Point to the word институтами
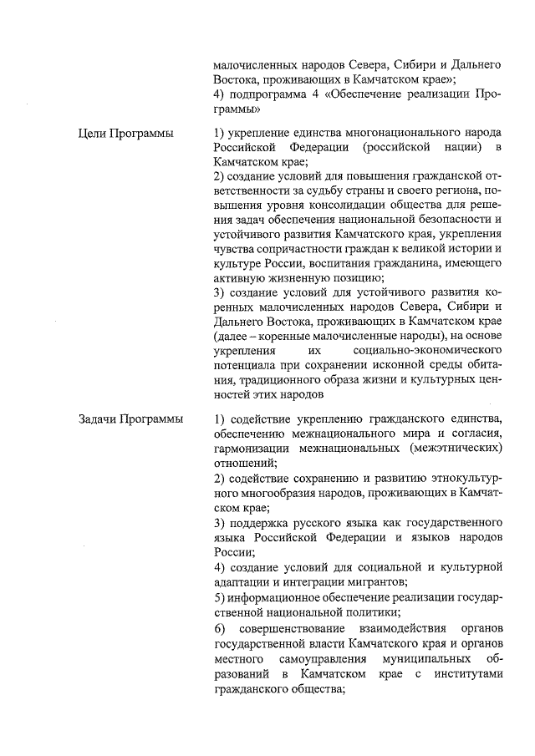pos(464,675)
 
